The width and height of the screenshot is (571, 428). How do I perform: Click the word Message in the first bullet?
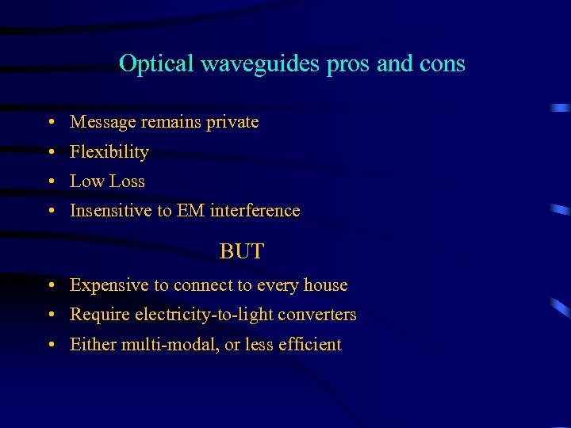coord(103,122)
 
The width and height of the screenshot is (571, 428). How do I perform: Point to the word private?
coord(232,122)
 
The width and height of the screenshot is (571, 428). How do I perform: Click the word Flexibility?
coord(109,151)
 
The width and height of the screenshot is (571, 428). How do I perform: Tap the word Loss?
coord(128,181)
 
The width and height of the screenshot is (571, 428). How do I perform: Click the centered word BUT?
coord(242,252)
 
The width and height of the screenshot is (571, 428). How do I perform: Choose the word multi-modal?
coord(164,345)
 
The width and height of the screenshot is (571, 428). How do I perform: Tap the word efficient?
coord(310,345)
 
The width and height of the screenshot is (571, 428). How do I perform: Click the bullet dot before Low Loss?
coord(50,182)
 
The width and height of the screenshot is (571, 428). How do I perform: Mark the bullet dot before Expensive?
coord(50,286)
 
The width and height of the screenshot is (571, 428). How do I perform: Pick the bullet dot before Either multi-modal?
coord(50,346)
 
